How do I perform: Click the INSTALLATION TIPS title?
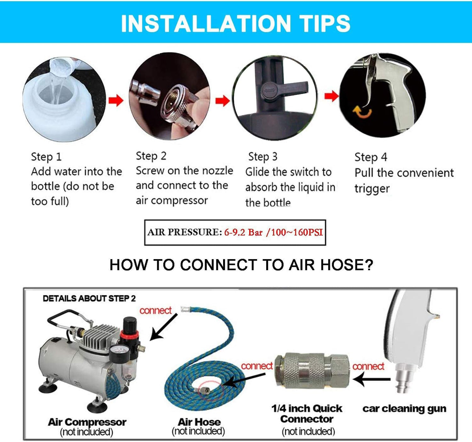[x=236, y=23]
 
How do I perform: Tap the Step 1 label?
[x=46, y=157]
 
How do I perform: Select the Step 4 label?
[x=371, y=157]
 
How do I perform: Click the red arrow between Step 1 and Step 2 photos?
[x=116, y=100]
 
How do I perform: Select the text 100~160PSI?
[x=297, y=232]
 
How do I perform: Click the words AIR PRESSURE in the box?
[x=185, y=232]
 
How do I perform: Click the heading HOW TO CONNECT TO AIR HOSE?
[x=241, y=265]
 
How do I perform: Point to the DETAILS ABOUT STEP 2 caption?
[x=89, y=298]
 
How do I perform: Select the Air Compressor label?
[x=87, y=422]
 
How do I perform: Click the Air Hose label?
[x=199, y=422]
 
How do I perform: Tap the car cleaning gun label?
[x=404, y=409]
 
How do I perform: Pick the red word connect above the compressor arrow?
[x=155, y=310]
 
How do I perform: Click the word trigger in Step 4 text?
[x=372, y=189]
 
